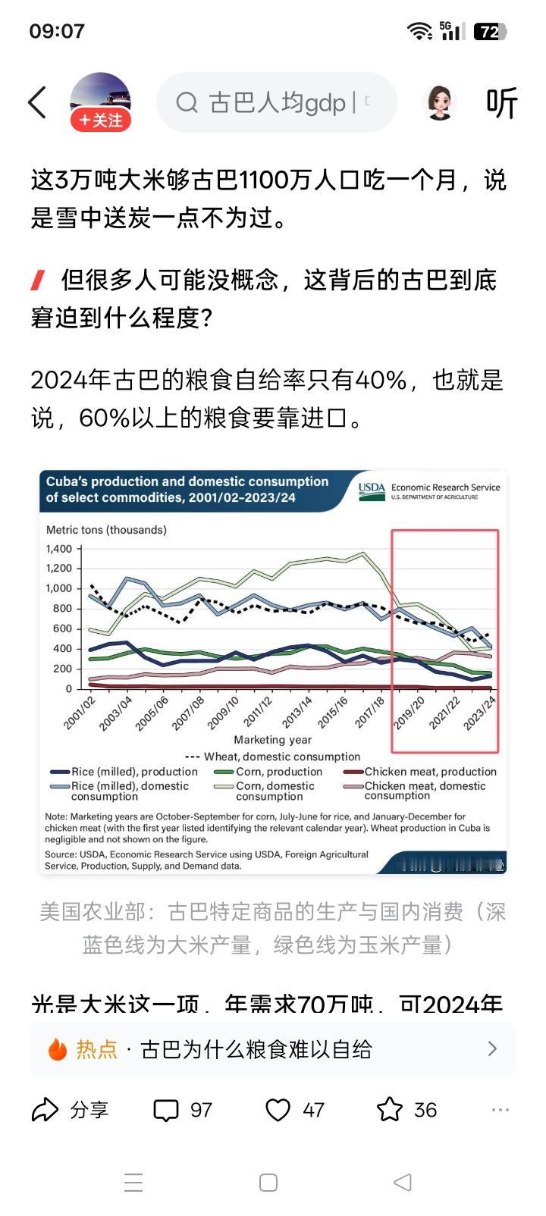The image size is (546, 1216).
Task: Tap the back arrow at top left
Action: [x=36, y=102]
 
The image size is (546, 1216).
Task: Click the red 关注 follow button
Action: [x=101, y=121]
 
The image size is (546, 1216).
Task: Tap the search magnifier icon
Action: [x=187, y=102]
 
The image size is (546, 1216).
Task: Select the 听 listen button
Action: [x=501, y=103]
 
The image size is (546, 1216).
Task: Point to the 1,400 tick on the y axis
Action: [x=58, y=549]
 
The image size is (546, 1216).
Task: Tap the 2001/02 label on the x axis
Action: [x=80, y=713]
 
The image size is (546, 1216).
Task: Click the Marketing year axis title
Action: [x=272, y=740]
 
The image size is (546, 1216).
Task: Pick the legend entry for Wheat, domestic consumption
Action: [x=273, y=757]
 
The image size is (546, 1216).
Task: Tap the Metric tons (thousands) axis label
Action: [x=106, y=530]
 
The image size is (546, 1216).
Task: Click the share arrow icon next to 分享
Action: [x=45, y=1110]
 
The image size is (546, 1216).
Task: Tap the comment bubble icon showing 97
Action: [x=166, y=1111]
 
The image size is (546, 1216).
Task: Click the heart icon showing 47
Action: [x=278, y=1111]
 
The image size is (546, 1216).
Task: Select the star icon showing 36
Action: [x=390, y=1110]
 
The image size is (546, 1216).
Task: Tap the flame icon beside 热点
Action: [x=58, y=1049]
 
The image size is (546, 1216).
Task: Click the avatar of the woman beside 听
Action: [x=439, y=102]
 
